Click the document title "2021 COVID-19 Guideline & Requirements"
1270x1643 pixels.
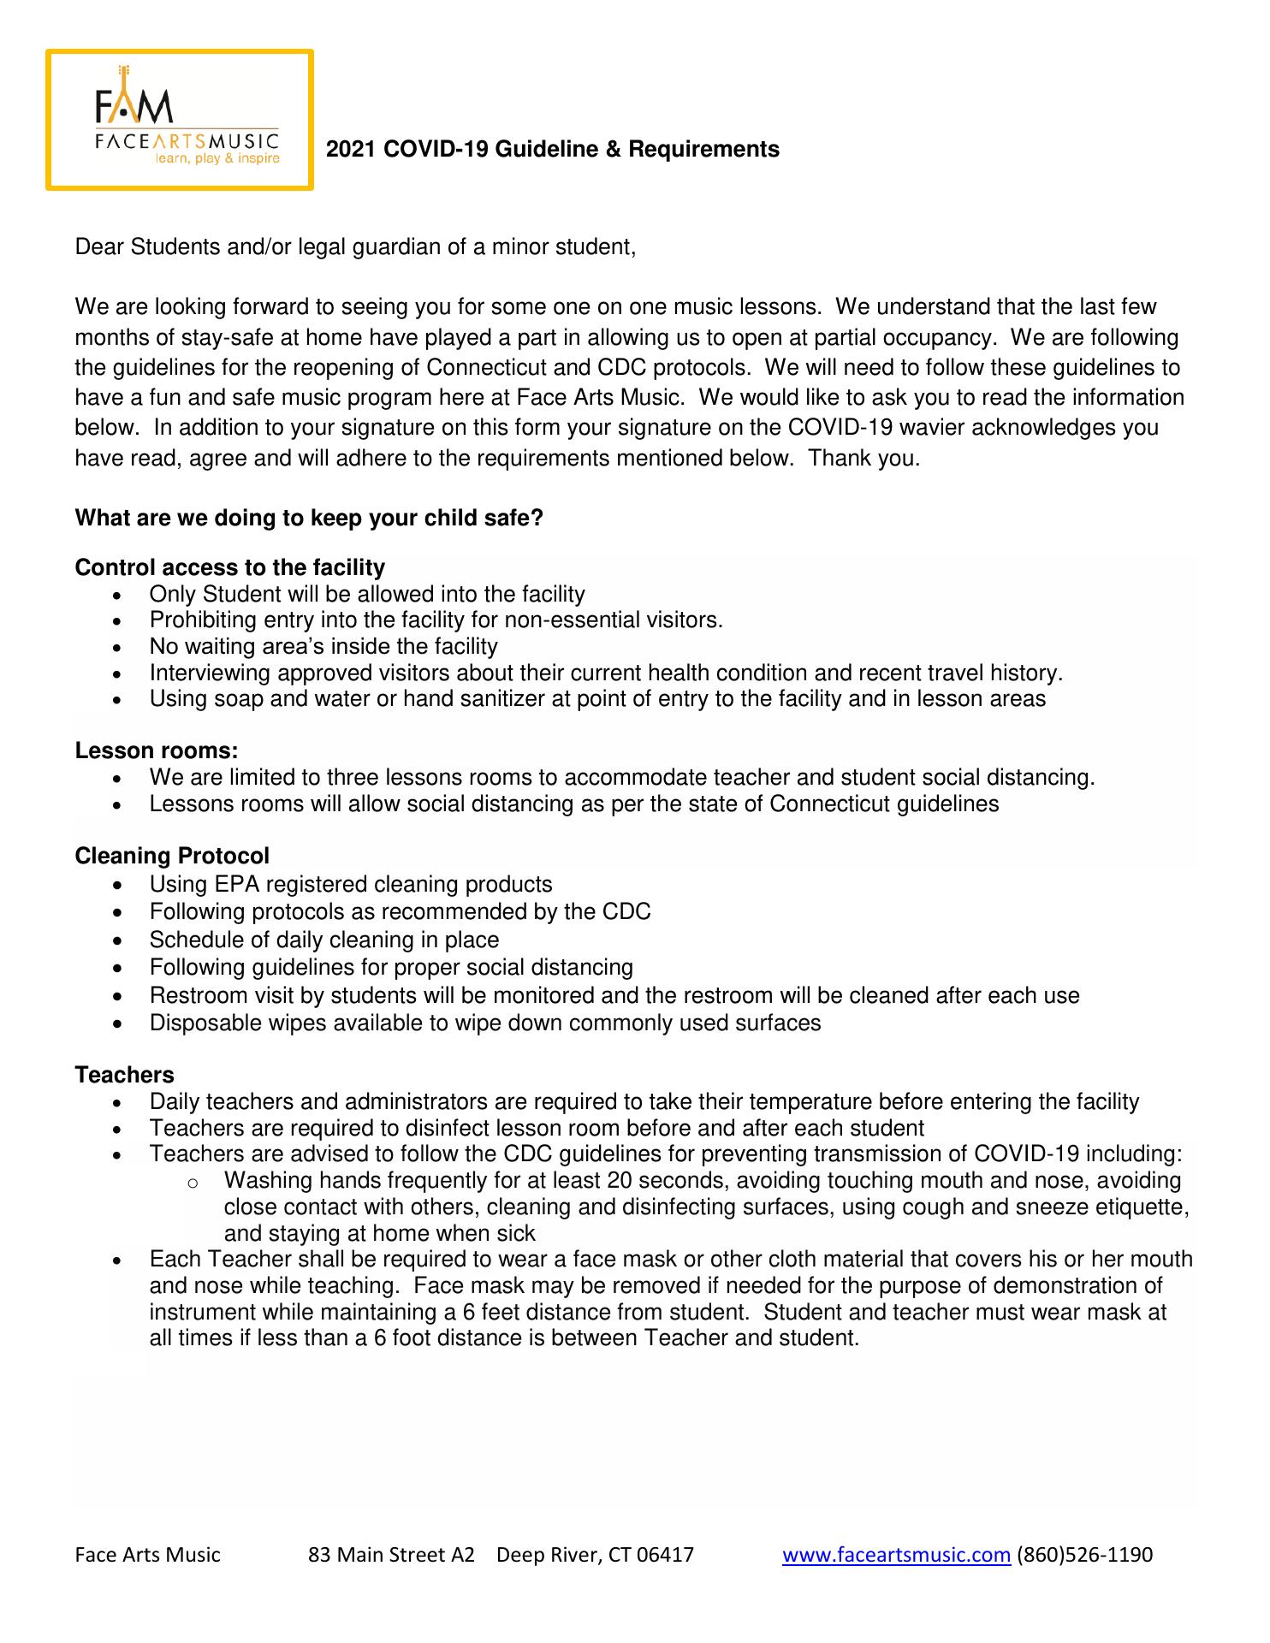pyautogui.click(x=553, y=150)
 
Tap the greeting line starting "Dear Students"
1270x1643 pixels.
pyautogui.click(x=355, y=247)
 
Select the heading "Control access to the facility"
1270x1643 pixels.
pyautogui.click(x=229, y=567)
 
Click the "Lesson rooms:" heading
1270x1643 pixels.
pyautogui.click(x=156, y=750)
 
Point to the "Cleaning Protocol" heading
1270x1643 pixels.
pyautogui.click(x=172, y=856)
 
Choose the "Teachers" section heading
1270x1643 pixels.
pyautogui.click(x=124, y=1075)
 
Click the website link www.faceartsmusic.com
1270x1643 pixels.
pyautogui.click(x=896, y=1555)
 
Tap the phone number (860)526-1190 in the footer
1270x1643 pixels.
pyautogui.click(x=1084, y=1555)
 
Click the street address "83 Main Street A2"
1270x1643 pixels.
pyautogui.click(x=391, y=1555)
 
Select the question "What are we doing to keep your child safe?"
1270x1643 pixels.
pyautogui.click(x=309, y=519)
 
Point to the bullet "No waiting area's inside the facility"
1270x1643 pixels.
pyautogui.click(x=323, y=646)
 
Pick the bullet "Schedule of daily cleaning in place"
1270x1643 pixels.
pyautogui.click(x=323, y=940)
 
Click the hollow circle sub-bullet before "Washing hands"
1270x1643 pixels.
pyautogui.click(x=193, y=1183)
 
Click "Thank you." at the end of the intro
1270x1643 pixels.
pyautogui.click(x=864, y=458)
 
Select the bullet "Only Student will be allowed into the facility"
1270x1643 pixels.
pyautogui.click(x=366, y=594)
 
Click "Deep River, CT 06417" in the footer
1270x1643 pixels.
pyautogui.click(x=595, y=1555)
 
